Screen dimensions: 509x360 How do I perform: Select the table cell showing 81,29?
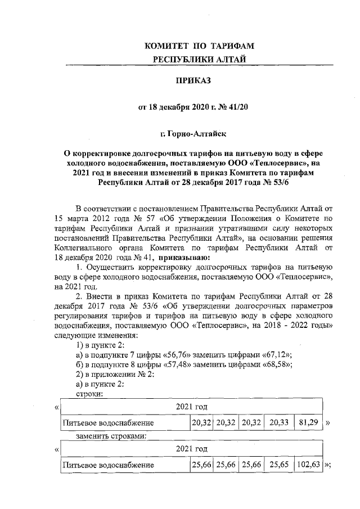coord(309,422)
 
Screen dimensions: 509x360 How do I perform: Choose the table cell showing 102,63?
coord(309,465)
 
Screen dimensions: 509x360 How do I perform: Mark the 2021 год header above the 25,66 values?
coord(191,449)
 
